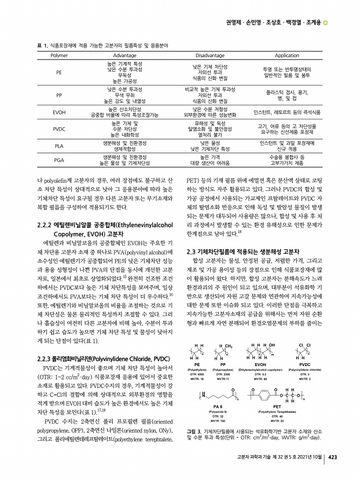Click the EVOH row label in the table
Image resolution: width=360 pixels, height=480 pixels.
(59, 112)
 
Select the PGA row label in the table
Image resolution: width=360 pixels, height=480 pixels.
(59, 160)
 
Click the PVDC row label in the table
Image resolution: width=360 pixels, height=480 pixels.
(59, 128)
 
